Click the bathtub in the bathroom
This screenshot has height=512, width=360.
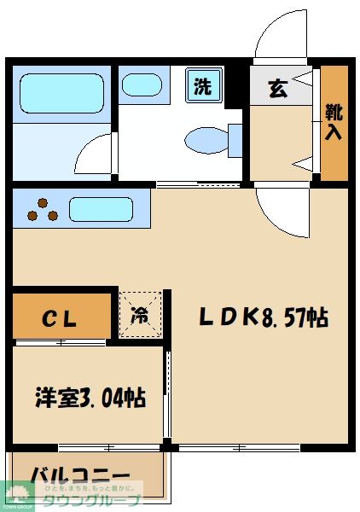(x=61, y=94)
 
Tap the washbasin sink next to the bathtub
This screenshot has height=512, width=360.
(x=138, y=84)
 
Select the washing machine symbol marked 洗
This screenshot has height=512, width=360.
(x=203, y=85)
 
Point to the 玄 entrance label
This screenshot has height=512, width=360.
(x=278, y=88)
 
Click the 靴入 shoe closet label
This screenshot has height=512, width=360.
(x=334, y=120)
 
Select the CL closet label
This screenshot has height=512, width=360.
(x=61, y=319)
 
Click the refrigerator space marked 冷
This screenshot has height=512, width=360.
(x=140, y=314)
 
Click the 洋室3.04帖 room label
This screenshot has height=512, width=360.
(x=89, y=397)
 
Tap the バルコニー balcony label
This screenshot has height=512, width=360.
(x=80, y=475)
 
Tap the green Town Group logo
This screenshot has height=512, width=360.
(x=17, y=495)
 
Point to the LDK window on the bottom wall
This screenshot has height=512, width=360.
(x=238, y=446)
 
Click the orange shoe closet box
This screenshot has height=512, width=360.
(x=334, y=122)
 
